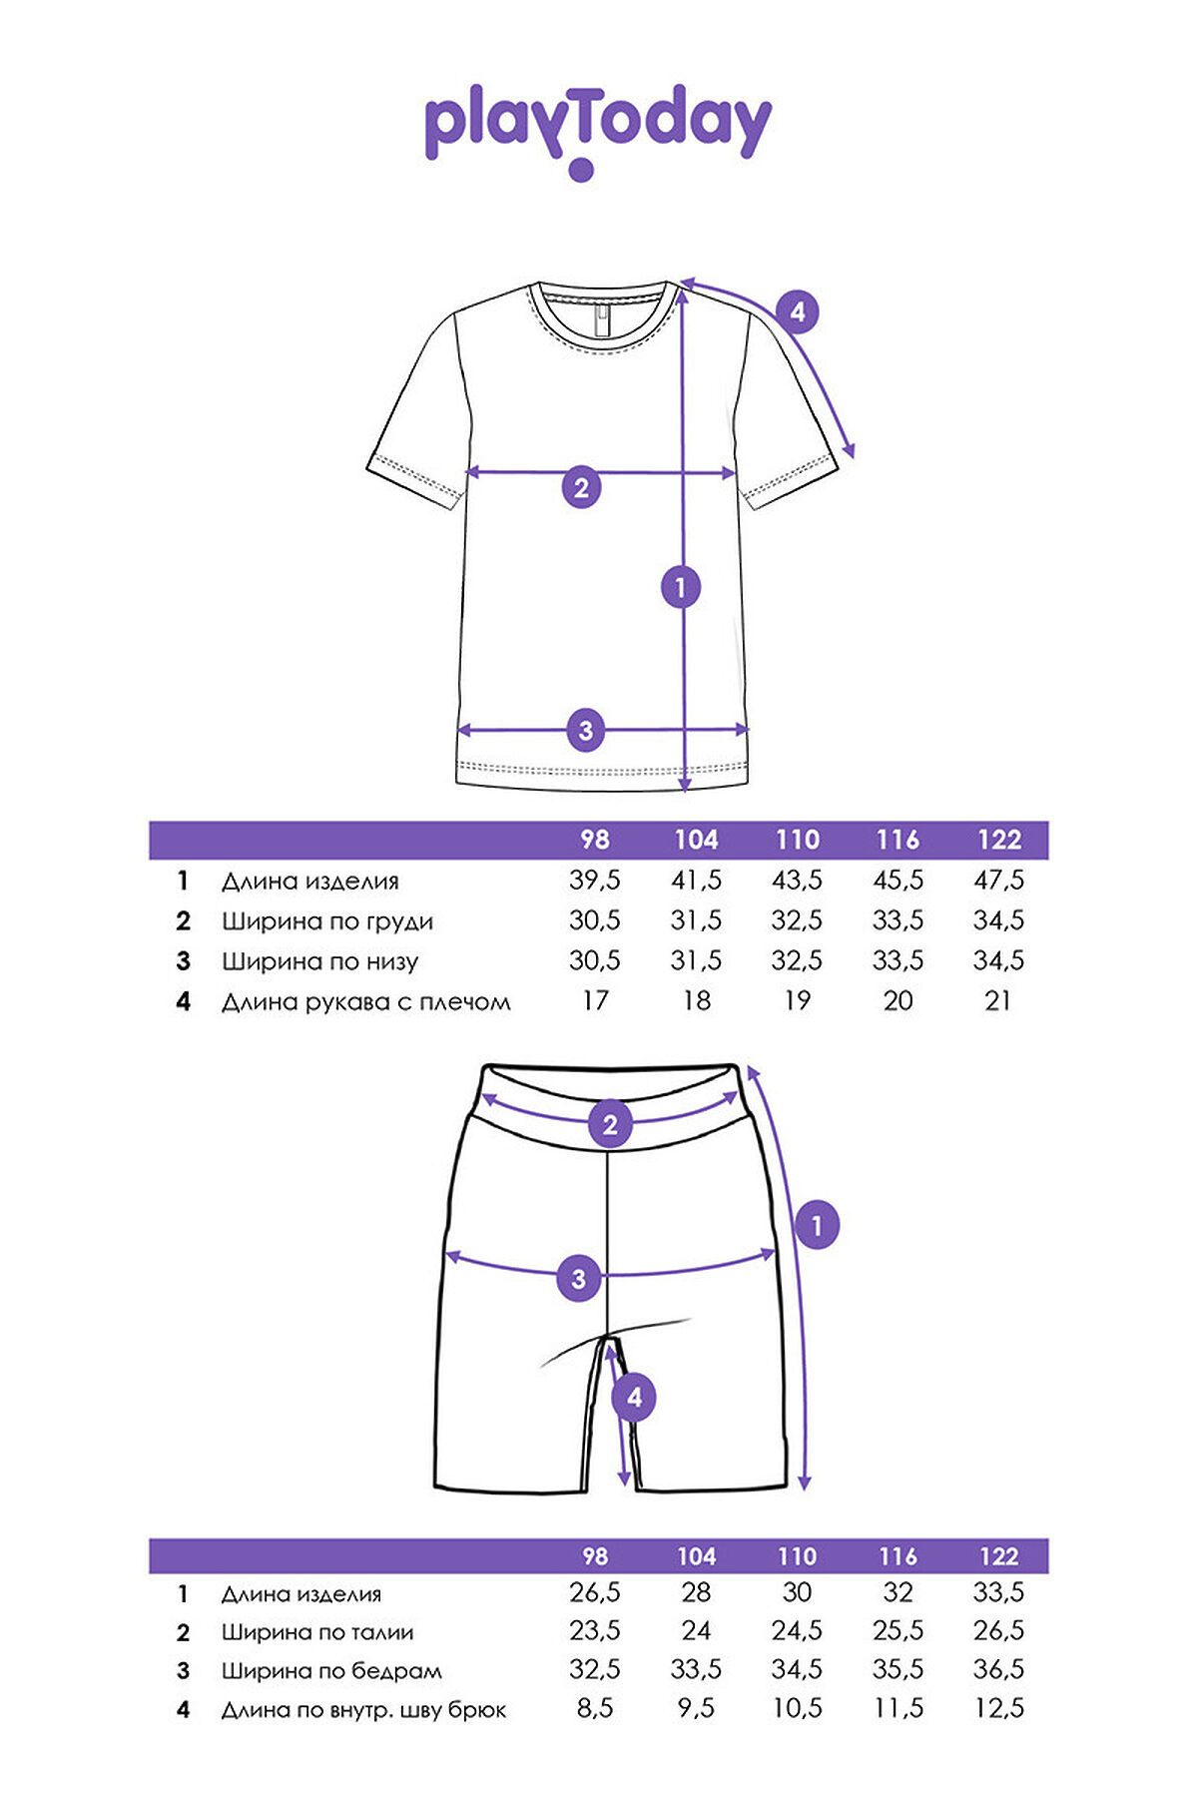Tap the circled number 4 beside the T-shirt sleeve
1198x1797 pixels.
click(x=797, y=312)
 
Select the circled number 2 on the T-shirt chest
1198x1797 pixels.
click(x=582, y=487)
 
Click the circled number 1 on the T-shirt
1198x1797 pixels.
click(x=681, y=587)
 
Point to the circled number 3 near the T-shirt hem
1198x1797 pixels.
click(x=586, y=731)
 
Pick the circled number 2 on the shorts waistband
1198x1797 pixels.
click(x=610, y=1125)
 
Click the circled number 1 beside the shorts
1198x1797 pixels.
click(x=818, y=1225)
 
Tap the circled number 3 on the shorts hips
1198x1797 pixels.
click(x=579, y=1278)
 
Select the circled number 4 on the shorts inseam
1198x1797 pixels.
click(x=635, y=1398)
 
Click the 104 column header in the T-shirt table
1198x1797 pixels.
click(x=696, y=840)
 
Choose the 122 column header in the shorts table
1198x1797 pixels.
click(x=998, y=1556)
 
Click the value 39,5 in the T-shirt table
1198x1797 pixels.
click(x=595, y=881)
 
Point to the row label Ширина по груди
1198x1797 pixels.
click(x=327, y=921)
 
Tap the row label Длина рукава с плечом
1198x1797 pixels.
click(x=366, y=1001)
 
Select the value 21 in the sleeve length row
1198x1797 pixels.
click(x=998, y=1000)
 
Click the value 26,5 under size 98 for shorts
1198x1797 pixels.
click(x=595, y=1592)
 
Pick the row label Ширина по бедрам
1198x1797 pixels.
click(x=331, y=1671)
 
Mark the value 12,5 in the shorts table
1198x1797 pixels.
click(x=998, y=1708)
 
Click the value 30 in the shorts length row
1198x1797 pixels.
click(x=797, y=1592)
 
